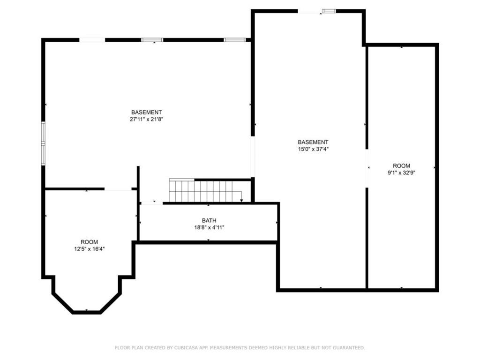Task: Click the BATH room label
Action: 209,220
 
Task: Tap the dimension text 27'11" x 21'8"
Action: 147,120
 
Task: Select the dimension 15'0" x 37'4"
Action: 313,149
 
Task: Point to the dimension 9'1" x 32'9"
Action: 402,172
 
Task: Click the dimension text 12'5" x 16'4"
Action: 90,249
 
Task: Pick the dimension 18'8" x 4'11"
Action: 209,227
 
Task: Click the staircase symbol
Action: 206,190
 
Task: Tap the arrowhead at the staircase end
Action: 241,201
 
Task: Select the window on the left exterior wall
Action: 44,143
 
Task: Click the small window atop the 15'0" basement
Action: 329,11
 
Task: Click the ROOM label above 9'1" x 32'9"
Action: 402,165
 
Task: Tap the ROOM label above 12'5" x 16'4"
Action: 90,242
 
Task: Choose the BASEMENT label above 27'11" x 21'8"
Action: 147,112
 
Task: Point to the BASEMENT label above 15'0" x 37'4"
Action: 313,142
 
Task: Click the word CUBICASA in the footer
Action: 186,348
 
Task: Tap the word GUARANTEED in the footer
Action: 349,348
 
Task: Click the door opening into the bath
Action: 152,203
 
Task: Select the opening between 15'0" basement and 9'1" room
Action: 367,168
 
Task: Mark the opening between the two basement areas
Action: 253,157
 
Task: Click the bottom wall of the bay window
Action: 87,312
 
